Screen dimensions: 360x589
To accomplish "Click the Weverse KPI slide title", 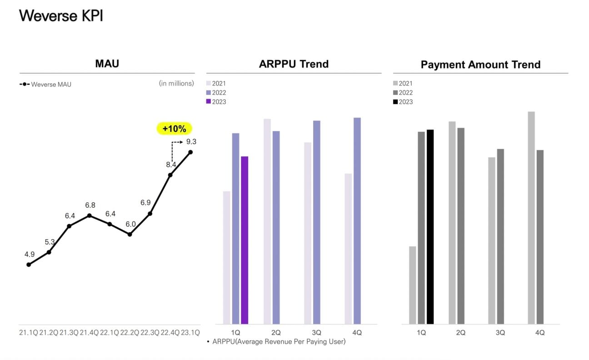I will point(61,16).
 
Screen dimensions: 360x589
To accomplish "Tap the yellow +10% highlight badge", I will point(175,129).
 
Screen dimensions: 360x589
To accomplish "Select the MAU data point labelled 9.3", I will point(190,152).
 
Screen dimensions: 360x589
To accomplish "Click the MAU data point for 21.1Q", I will point(29,264).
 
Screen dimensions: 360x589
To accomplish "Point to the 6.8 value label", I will point(90,205).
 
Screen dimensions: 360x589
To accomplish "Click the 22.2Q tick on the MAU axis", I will point(130,332).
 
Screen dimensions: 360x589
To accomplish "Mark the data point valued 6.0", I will point(130,235).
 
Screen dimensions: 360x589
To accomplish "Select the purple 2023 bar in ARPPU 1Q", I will point(245,240).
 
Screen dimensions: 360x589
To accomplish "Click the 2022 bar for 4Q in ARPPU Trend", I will point(357,220).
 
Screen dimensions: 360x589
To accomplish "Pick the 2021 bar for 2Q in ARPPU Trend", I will point(267,221).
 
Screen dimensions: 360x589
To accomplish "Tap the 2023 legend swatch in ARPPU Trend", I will point(209,102).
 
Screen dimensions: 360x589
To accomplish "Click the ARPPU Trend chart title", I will point(294,64).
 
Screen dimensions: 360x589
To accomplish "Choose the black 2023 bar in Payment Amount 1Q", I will point(430,227).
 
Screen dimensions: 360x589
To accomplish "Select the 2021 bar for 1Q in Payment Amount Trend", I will point(413,285).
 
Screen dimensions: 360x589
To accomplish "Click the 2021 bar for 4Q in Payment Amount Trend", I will point(531,218).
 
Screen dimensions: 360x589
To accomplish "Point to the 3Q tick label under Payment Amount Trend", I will point(500,333).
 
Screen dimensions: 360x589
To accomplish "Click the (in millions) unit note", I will point(176,83).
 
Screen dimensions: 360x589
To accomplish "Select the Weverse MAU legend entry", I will point(45,84).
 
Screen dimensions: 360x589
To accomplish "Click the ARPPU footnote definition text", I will point(279,341).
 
